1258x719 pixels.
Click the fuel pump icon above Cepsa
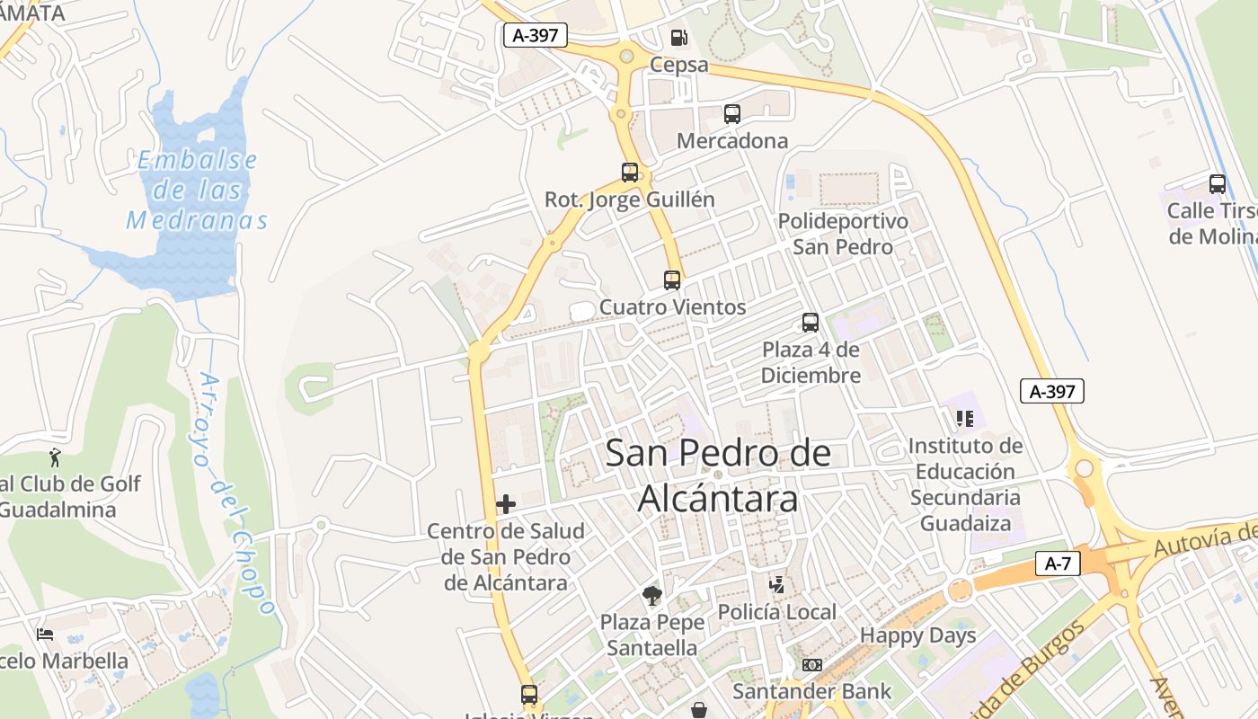tap(679, 38)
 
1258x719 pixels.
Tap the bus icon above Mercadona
tap(732, 114)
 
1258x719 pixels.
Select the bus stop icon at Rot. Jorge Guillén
tap(630, 173)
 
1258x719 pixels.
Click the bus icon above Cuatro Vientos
tap(672, 280)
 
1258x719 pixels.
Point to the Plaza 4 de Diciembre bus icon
tap(811, 323)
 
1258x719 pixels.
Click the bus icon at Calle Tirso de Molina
tap(1218, 184)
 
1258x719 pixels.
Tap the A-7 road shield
tap(1058, 564)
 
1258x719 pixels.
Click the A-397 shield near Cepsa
tap(536, 35)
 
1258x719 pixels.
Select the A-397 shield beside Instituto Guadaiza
tap(1052, 391)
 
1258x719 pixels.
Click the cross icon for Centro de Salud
tap(506, 504)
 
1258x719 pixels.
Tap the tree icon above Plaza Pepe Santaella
tap(651, 596)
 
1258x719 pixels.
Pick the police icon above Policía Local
tap(777, 585)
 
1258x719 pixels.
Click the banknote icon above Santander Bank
tap(811, 665)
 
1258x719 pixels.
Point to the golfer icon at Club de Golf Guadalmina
tap(56, 457)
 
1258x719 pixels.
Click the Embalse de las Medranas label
tap(197, 191)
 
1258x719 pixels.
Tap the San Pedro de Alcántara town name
tap(718, 475)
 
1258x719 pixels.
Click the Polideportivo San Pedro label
tap(843, 234)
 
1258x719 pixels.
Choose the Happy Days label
tap(917, 635)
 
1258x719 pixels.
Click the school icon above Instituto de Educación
tap(965, 418)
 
